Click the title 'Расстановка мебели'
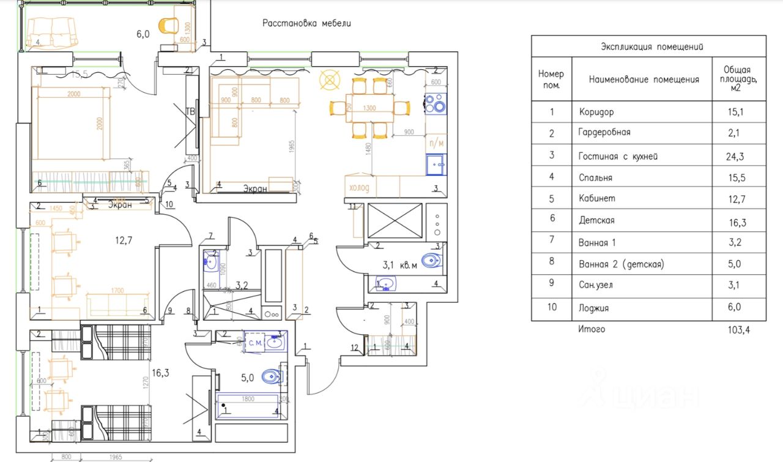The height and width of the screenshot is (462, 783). [x=306, y=24]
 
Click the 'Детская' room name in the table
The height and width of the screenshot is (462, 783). [x=596, y=220]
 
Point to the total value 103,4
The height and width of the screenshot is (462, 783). [x=737, y=330]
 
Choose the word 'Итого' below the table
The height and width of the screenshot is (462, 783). [x=592, y=329]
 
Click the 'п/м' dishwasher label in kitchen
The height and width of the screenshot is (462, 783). [x=436, y=143]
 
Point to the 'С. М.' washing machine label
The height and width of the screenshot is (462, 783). [x=256, y=344]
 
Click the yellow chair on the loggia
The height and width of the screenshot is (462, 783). [x=168, y=26]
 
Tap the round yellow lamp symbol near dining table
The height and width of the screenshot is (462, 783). [x=330, y=80]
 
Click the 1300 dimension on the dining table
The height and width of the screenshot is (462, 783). [x=369, y=108]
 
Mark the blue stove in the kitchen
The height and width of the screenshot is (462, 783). [x=436, y=102]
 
